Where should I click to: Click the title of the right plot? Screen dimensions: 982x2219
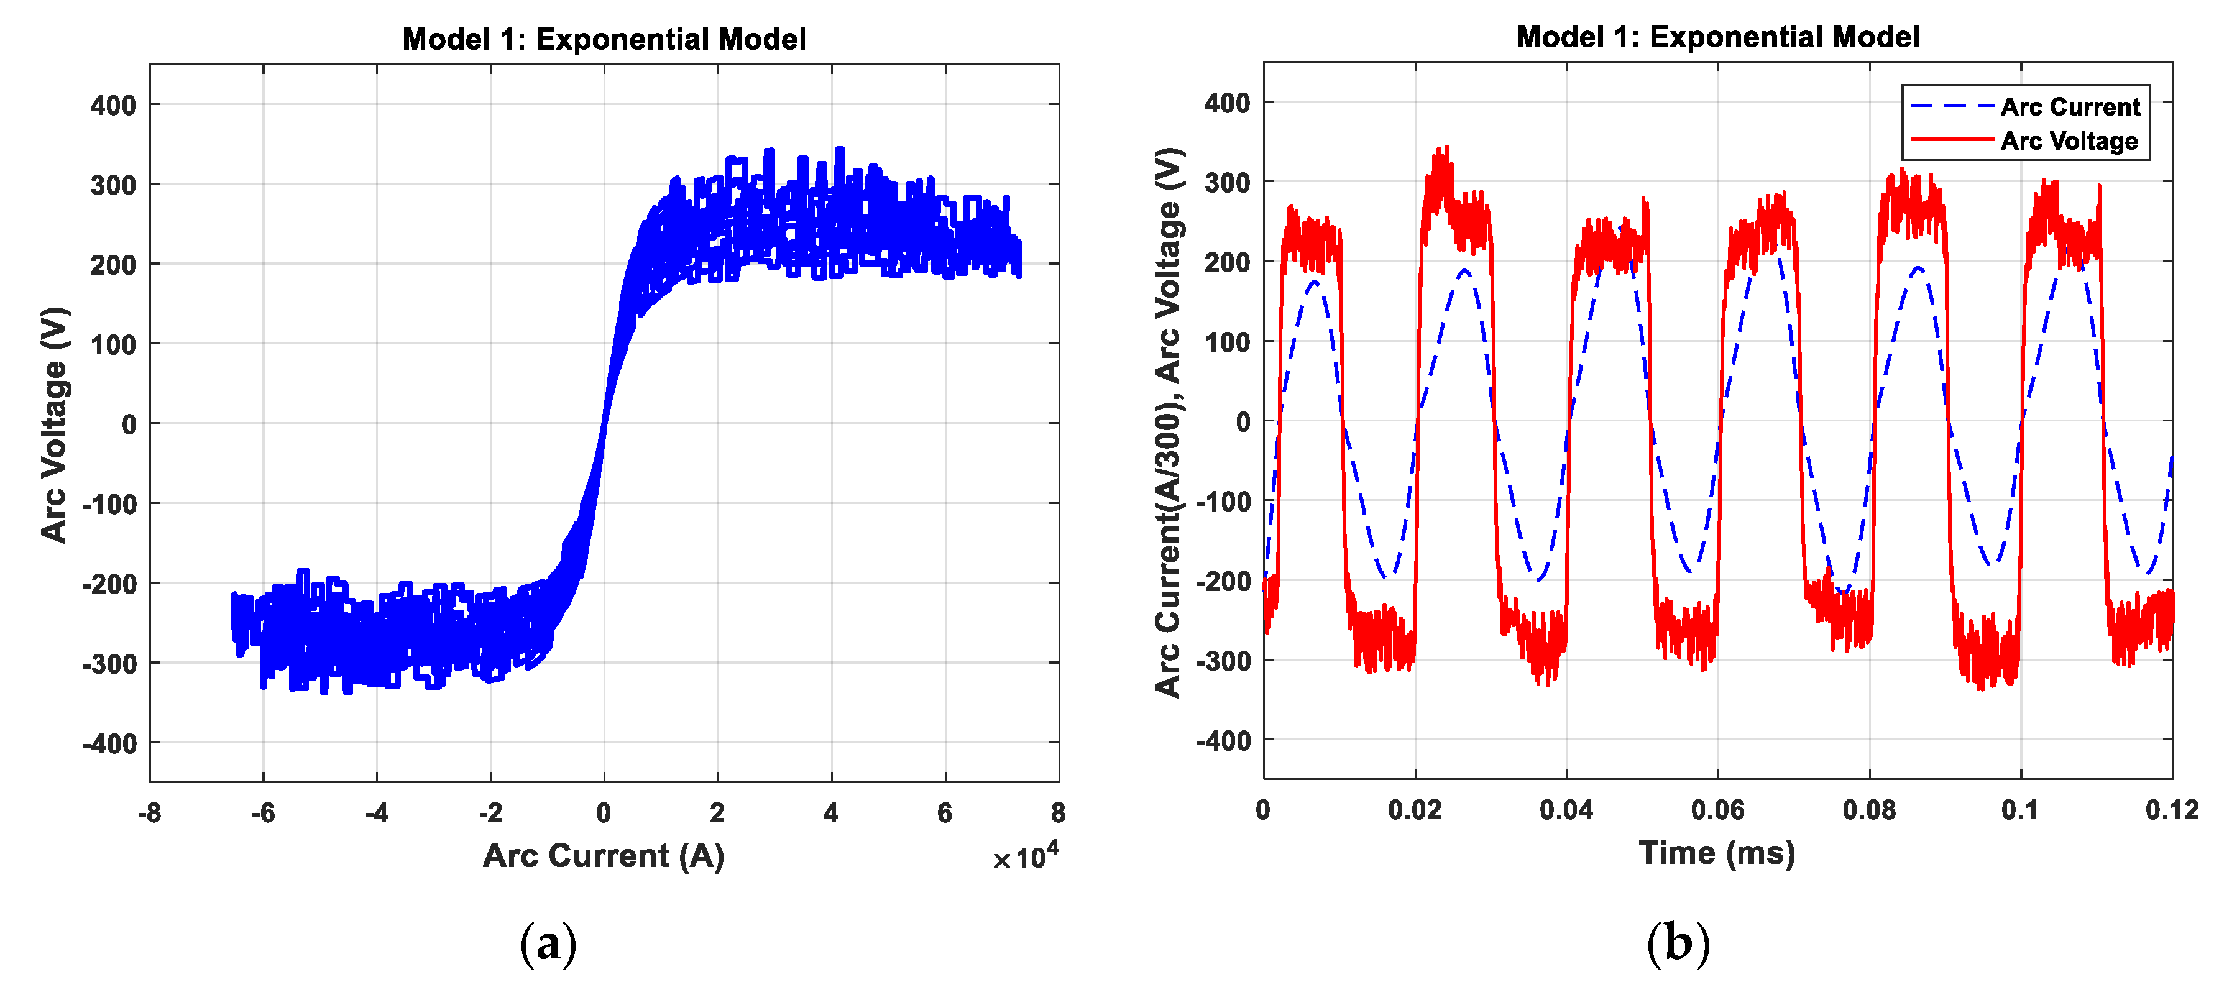[x=1717, y=37]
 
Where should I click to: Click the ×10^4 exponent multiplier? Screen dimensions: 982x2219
[x=1025, y=857]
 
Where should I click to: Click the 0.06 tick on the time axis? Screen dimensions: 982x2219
[x=1717, y=810]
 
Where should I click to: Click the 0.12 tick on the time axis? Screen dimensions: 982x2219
[x=2171, y=810]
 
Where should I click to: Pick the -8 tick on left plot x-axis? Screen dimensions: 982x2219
[x=149, y=812]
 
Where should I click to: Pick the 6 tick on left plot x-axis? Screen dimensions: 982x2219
[x=945, y=812]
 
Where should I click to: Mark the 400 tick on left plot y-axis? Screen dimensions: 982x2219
[x=113, y=106]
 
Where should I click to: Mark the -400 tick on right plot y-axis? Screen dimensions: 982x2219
[x=1223, y=741]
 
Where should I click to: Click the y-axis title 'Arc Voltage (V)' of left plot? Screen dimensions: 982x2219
[x=53, y=424]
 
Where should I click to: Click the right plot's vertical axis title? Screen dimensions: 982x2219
[x=1169, y=422]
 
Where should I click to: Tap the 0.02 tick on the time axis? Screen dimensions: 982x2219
[x=1415, y=810]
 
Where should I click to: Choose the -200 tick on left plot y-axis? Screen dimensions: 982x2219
[x=109, y=584]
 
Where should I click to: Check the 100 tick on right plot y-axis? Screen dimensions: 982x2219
[x=1228, y=342]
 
